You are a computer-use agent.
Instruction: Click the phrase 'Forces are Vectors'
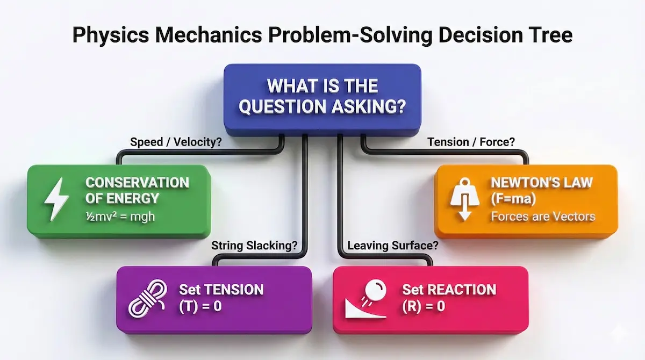point(542,217)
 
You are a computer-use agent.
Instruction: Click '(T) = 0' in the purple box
point(200,307)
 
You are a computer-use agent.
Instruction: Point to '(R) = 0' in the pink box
point(425,307)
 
